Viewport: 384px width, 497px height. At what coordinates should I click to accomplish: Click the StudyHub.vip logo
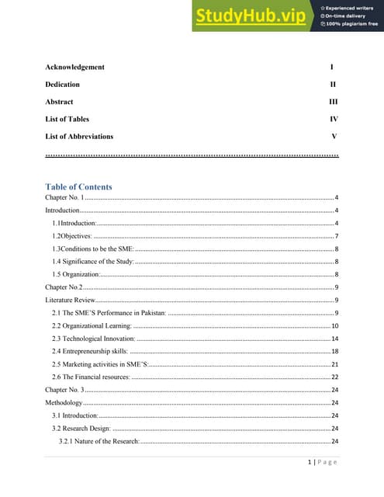coord(252,16)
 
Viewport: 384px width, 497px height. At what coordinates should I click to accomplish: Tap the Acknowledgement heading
coord(74,67)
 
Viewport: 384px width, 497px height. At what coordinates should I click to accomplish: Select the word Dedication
coord(62,84)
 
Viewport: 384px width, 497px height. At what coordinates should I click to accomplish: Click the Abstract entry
coord(59,102)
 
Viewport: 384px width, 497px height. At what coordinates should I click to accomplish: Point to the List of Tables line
coord(67,119)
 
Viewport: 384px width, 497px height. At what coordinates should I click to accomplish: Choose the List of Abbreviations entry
coord(79,136)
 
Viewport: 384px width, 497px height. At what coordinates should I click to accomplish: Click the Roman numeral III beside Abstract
coord(333,102)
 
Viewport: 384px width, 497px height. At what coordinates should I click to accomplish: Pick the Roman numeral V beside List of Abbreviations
coord(334,136)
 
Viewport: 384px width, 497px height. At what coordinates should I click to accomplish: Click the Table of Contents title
coord(78,186)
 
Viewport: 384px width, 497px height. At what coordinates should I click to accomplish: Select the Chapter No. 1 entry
coord(64,199)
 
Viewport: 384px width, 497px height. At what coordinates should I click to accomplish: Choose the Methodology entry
coord(63,403)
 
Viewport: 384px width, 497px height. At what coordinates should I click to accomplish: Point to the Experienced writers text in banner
coord(351,5)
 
